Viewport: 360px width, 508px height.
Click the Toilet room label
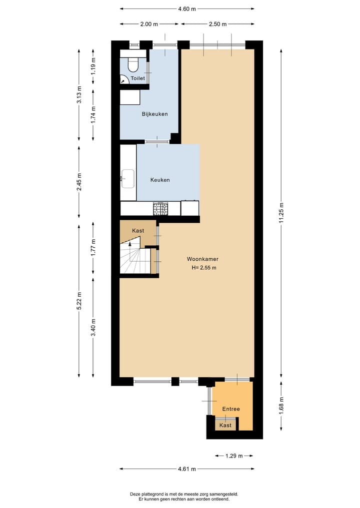click(x=137, y=79)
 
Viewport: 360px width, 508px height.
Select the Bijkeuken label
click(x=154, y=114)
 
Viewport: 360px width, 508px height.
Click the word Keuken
click(x=160, y=180)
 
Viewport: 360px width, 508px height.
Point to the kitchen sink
click(x=127, y=179)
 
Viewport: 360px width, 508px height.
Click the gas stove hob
click(x=160, y=209)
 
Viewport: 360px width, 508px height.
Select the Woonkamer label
click(x=202, y=259)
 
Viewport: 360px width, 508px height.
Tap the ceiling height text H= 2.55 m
click(x=204, y=268)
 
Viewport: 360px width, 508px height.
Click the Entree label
click(x=231, y=409)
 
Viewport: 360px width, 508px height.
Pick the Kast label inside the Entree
click(x=225, y=425)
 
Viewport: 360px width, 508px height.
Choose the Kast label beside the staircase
click(x=138, y=231)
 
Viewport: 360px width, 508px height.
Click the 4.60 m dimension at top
click(x=187, y=9)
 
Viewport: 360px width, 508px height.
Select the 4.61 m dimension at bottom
click(x=187, y=469)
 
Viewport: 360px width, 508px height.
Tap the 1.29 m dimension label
click(x=233, y=456)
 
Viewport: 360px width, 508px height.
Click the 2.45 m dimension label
click(x=79, y=182)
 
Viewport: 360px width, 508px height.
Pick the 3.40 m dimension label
click(x=93, y=327)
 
